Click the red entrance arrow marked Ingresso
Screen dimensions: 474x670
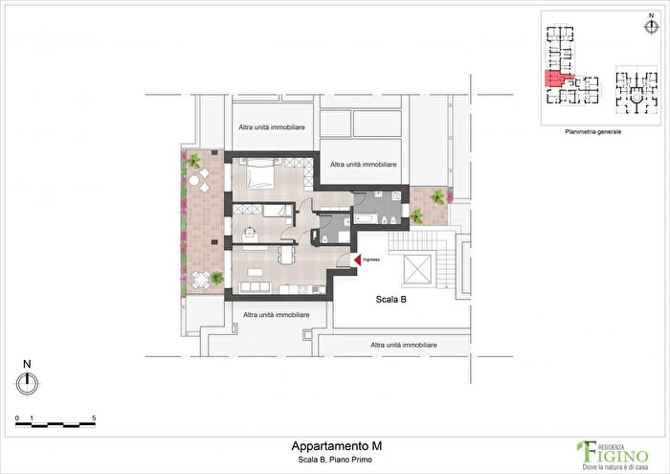pyautogui.click(x=356, y=260)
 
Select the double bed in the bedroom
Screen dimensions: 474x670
pyautogui.click(x=261, y=174)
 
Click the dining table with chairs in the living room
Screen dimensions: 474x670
pyautogui.click(x=287, y=256)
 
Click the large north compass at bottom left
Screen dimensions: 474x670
pyautogui.click(x=29, y=382)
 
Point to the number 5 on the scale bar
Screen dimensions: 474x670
pyautogui.click(x=94, y=419)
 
